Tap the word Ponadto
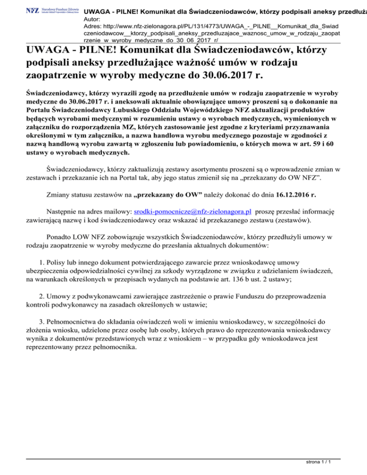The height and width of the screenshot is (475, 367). point(61,237)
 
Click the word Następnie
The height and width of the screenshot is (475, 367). point(65,211)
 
